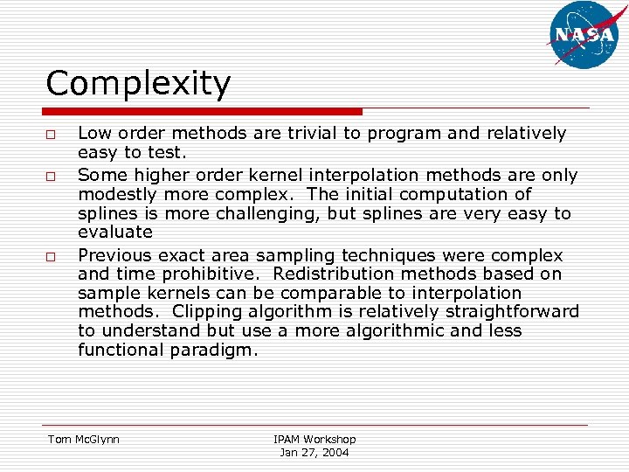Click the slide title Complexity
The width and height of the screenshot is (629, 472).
coord(138,84)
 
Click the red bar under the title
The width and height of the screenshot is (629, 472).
coord(204,112)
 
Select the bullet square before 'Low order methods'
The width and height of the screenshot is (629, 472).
coord(52,135)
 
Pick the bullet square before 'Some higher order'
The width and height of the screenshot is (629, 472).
coord(52,177)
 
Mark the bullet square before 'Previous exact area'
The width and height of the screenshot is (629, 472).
coord(52,257)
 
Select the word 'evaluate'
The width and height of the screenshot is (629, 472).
coord(115,233)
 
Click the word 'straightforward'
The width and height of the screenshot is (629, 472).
coord(515,312)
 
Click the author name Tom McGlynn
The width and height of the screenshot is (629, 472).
coord(84,440)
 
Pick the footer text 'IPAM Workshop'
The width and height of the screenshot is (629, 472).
coord(314,440)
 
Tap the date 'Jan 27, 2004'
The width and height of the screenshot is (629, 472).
coord(314,453)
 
